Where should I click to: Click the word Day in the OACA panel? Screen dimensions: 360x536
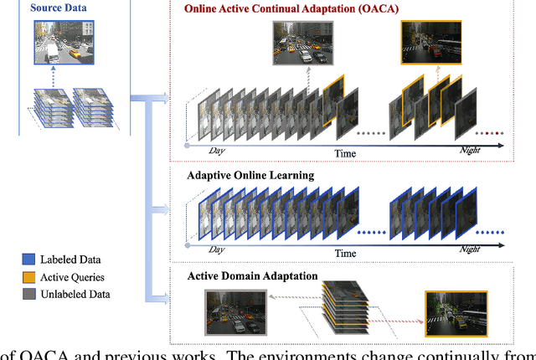tap(217, 150)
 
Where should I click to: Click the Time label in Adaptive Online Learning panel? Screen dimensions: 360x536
tap(345, 252)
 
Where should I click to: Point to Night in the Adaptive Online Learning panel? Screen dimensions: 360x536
tap(469, 249)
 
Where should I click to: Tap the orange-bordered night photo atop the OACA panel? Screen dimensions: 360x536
tap(425, 42)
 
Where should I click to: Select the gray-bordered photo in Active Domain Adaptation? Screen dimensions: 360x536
tap(234, 311)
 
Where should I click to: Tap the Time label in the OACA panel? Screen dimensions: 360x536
tap(345, 153)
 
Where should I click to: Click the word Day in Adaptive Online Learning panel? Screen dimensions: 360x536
tap(217, 249)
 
